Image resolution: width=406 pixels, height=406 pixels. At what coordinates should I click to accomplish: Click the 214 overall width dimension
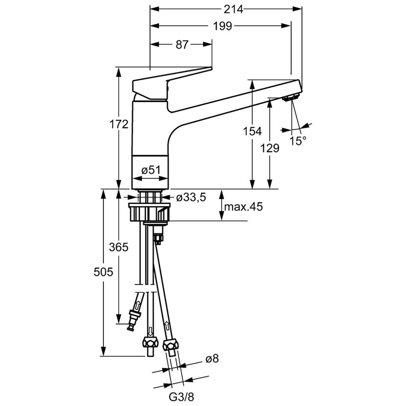tap(233, 9)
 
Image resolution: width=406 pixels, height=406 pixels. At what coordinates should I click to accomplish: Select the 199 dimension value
tap(222, 26)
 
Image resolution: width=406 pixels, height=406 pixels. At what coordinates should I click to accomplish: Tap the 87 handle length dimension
tap(182, 45)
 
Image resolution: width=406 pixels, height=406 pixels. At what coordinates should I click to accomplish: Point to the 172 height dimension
tap(119, 124)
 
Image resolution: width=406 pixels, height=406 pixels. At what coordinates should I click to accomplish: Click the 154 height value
tap(253, 131)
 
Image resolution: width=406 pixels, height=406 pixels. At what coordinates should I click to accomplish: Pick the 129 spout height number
tap(270, 148)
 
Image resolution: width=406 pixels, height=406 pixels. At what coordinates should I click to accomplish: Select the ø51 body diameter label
tap(151, 170)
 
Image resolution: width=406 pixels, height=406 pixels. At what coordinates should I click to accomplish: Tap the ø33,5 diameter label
tap(191, 198)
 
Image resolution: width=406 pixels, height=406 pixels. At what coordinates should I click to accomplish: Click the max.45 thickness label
tap(243, 207)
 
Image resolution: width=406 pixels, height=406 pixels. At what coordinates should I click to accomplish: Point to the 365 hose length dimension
tap(119, 247)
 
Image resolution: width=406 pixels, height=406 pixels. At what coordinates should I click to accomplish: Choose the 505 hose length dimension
tap(103, 272)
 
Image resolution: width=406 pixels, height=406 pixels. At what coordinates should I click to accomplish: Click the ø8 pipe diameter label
tap(212, 359)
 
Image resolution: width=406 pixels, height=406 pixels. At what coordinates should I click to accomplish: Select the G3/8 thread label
tap(181, 397)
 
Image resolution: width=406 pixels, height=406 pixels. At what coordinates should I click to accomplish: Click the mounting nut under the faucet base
tap(150, 212)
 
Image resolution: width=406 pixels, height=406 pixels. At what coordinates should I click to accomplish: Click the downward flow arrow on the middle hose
tap(150, 331)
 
